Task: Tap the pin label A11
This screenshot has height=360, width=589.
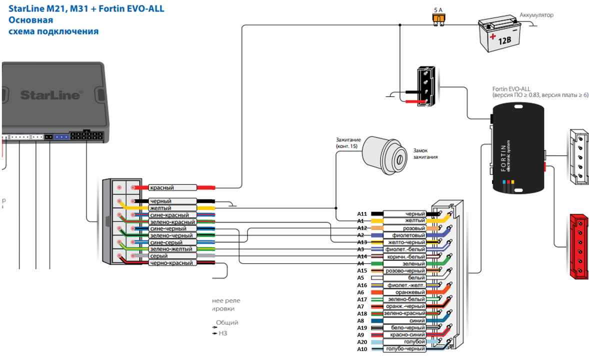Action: coord(362,214)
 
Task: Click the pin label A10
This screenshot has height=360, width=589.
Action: coord(362,349)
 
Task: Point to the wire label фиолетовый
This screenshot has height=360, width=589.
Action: coord(404,235)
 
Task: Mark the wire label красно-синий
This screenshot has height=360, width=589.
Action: coord(404,335)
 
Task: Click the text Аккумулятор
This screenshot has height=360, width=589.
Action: coord(537,15)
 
